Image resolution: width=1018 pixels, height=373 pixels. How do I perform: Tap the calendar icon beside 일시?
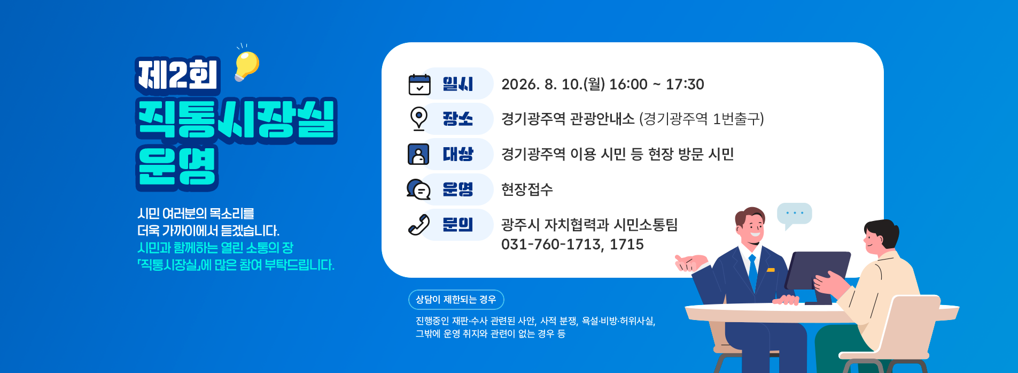(x=419, y=85)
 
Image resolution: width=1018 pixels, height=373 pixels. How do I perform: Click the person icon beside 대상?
(x=418, y=154)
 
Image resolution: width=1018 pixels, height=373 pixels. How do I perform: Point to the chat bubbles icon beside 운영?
(x=418, y=189)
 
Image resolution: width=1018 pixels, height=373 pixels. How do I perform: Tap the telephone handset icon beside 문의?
(x=419, y=225)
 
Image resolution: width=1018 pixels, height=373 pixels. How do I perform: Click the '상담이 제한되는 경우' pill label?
(x=456, y=300)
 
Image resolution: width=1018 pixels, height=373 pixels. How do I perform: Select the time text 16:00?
(x=628, y=85)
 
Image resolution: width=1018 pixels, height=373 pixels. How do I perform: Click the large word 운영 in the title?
(x=177, y=167)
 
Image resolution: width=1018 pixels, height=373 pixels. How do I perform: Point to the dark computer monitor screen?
(x=817, y=271)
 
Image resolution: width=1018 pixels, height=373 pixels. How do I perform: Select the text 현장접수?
(x=527, y=189)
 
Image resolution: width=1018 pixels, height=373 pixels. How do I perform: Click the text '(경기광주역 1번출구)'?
(x=702, y=119)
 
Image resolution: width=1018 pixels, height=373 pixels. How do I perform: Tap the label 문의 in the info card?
(x=458, y=225)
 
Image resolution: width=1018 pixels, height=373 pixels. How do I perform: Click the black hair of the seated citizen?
(x=882, y=232)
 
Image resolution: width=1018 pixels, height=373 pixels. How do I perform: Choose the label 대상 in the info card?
(x=458, y=154)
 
